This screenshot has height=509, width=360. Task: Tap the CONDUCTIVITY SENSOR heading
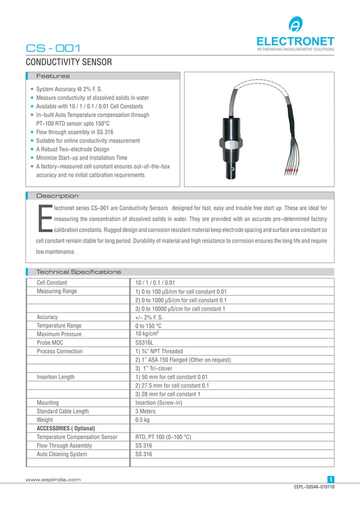pyautogui.click(x=69, y=62)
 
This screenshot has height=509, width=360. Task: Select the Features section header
pyautogui.click(x=53, y=76)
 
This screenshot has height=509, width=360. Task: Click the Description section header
pyautogui.click(x=58, y=196)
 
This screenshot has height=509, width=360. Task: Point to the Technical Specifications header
pyautogui.click(x=78, y=272)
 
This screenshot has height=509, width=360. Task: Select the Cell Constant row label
pyautogui.click(x=52, y=283)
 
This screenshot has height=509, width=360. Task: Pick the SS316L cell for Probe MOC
pyautogui.click(x=145, y=343)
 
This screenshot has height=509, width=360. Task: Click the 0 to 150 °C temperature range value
pyautogui.click(x=148, y=326)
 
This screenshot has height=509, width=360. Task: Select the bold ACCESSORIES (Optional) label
pyautogui.click(x=65, y=428)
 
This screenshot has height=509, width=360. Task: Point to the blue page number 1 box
pyautogui.click(x=331, y=480)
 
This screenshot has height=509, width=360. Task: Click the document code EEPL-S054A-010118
pyautogui.click(x=314, y=487)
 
